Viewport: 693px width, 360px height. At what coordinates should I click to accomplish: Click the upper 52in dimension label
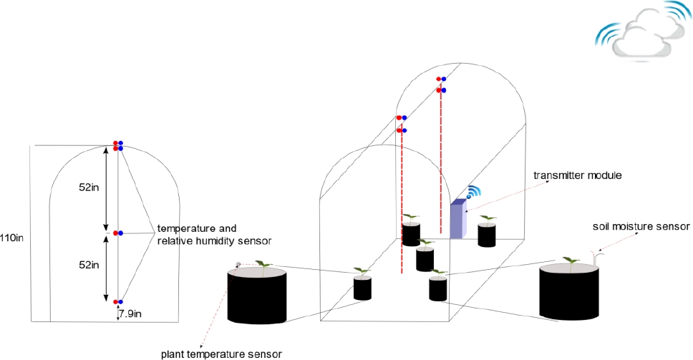click(89, 188)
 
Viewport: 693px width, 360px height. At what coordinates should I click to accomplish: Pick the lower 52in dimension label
click(89, 265)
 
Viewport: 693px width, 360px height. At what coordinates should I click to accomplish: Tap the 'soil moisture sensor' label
click(641, 226)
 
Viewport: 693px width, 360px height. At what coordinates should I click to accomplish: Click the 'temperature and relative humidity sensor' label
click(208, 233)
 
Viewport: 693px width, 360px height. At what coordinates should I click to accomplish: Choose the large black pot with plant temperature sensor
click(257, 295)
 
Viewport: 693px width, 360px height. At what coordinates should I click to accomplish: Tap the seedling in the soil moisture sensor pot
click(570, 262)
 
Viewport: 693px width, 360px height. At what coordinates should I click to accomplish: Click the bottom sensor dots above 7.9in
click(118, 302)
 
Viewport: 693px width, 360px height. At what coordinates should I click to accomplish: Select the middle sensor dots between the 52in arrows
click(118, 233)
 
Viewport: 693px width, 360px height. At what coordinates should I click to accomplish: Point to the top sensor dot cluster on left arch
click(118, 146)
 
